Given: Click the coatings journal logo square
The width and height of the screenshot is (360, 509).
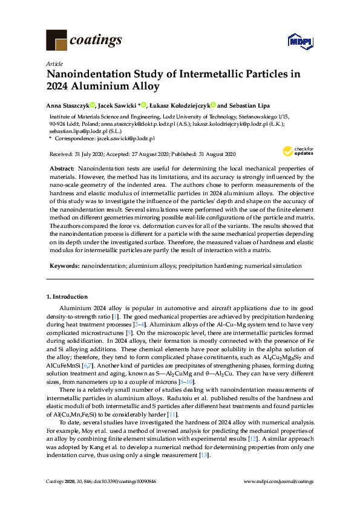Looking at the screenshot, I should (56, 40).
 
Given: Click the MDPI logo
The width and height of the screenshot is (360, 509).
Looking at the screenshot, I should (299, 41).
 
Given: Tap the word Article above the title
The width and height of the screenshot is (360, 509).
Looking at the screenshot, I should (54, 63).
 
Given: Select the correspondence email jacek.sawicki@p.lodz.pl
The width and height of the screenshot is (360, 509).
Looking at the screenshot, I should (112, 138).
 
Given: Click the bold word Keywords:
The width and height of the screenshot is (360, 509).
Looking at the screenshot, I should (63, 265).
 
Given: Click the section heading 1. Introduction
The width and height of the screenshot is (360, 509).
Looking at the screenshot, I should (67, 297).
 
